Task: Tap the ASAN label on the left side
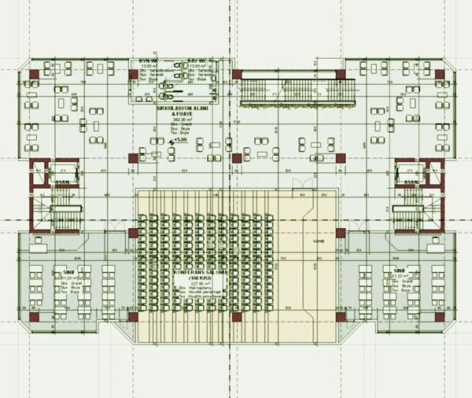point(59,182)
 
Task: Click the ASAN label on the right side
point(411,182)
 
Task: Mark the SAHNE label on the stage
point(319,241)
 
